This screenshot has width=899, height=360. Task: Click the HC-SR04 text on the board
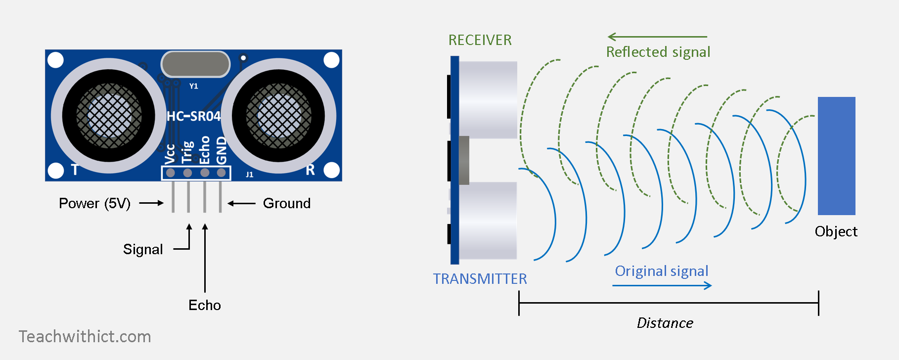pyautogui.click(x=193, y=116)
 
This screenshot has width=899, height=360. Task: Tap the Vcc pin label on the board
pyautogui.click(x=170, y=154)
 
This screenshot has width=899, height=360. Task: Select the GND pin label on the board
pyautogui.click(x=222, y=150)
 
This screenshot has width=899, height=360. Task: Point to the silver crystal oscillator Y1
pyautogui.click(x=195, y=64)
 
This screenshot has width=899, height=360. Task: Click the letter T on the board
pyautogui.click(x=75, y=170)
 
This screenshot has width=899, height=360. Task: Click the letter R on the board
pyautogui.click(x=310, y=170)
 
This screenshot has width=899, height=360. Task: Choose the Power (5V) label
pyautogui.click(x=94, y=203)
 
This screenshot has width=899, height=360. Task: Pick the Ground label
pyautogui.click(x=287, y=203)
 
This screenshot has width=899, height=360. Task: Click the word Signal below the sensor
pyautogui.click(x=143, y=249)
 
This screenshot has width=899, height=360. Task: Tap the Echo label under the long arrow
pyautogui.click(x=205, y=305)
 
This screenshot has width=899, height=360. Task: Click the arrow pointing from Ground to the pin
pyautogui.click(x=241, y=203)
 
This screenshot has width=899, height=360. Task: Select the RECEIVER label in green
pyautogui.click(x=480, y=40)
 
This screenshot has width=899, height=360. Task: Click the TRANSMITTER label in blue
pyautogui.click(x=480, y=279)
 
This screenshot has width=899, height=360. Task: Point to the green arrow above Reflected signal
pyautogui.click(x=657, y=37)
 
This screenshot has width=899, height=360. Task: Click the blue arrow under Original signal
pyautogui.click(x=662, y=285)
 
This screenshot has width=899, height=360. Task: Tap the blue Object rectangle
pyautogui.click(x=836, y=156)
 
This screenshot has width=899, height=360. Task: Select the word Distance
pyautogui.click(x=665, y=323)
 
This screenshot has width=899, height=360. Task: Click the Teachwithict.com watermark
pyautogui.click(x=85, y=337)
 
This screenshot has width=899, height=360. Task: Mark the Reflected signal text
pyautogui.click(x=658, y=52)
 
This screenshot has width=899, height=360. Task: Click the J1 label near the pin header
pyautogui.click(x=249, y=175)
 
